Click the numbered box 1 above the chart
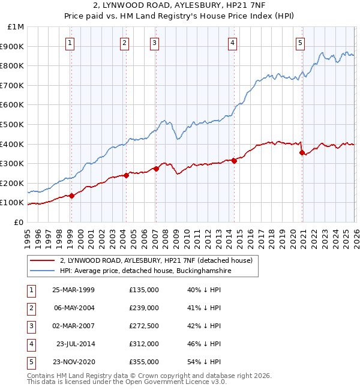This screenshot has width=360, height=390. pos(71,43)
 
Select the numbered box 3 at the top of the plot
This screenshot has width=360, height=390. pos(155,43)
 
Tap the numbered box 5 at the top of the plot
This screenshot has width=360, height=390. pos(300,43)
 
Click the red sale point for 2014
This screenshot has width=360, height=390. pos(234,160)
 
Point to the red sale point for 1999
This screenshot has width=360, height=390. pos(71,196)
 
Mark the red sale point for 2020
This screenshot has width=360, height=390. pos(302,152)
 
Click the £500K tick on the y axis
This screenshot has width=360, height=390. pos(12,124)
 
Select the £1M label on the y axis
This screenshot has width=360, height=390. pos(15,27)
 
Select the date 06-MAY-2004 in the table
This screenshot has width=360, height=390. pos(73,308)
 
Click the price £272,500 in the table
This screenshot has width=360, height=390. pos(143,326)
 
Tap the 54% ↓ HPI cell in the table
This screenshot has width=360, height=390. pos(204,362)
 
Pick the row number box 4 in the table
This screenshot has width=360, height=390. pos(31,344)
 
